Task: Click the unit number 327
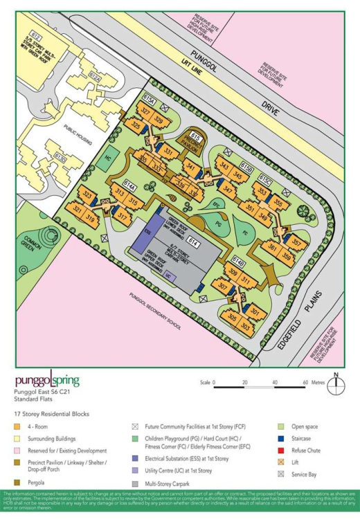145,111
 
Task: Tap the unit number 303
244,325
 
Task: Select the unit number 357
296,243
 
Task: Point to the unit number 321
78,209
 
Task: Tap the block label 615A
150,98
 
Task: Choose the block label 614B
238,263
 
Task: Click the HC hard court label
108,157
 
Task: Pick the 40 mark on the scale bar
275,382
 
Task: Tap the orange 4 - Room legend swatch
17,426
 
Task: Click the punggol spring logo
47,381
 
